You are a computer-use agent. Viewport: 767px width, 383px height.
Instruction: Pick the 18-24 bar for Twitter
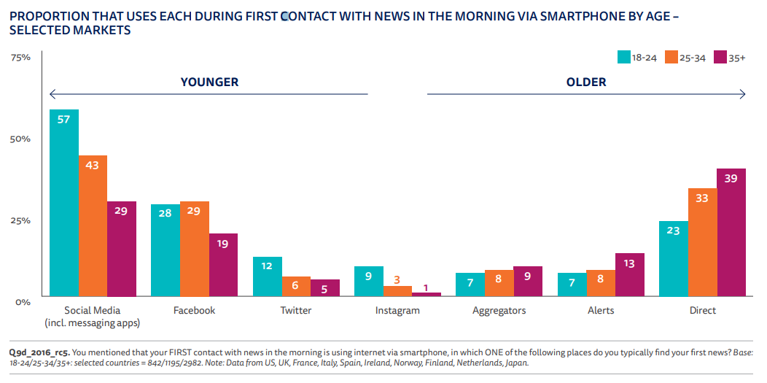click(267, 276)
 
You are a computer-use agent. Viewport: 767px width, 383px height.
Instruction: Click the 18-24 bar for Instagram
click(369, 281)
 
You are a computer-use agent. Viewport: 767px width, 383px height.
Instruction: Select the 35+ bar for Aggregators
click(528, 281)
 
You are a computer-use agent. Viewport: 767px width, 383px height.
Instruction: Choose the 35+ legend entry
click(730, 58)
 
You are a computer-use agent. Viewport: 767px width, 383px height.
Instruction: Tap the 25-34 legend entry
click(683, 58)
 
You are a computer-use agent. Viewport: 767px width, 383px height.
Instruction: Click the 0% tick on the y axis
click(23, 301)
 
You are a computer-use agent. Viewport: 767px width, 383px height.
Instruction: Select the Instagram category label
click(397, 311)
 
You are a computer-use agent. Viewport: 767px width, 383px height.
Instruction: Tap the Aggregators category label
click(499, 311)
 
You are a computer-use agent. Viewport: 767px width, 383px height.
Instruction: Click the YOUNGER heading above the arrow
click(209, 82)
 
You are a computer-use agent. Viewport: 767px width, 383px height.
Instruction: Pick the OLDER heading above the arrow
click(586, 82)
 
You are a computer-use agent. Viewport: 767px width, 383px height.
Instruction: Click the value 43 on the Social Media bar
click(93, 166)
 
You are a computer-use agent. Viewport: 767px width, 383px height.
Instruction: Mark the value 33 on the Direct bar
click(702, 198)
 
